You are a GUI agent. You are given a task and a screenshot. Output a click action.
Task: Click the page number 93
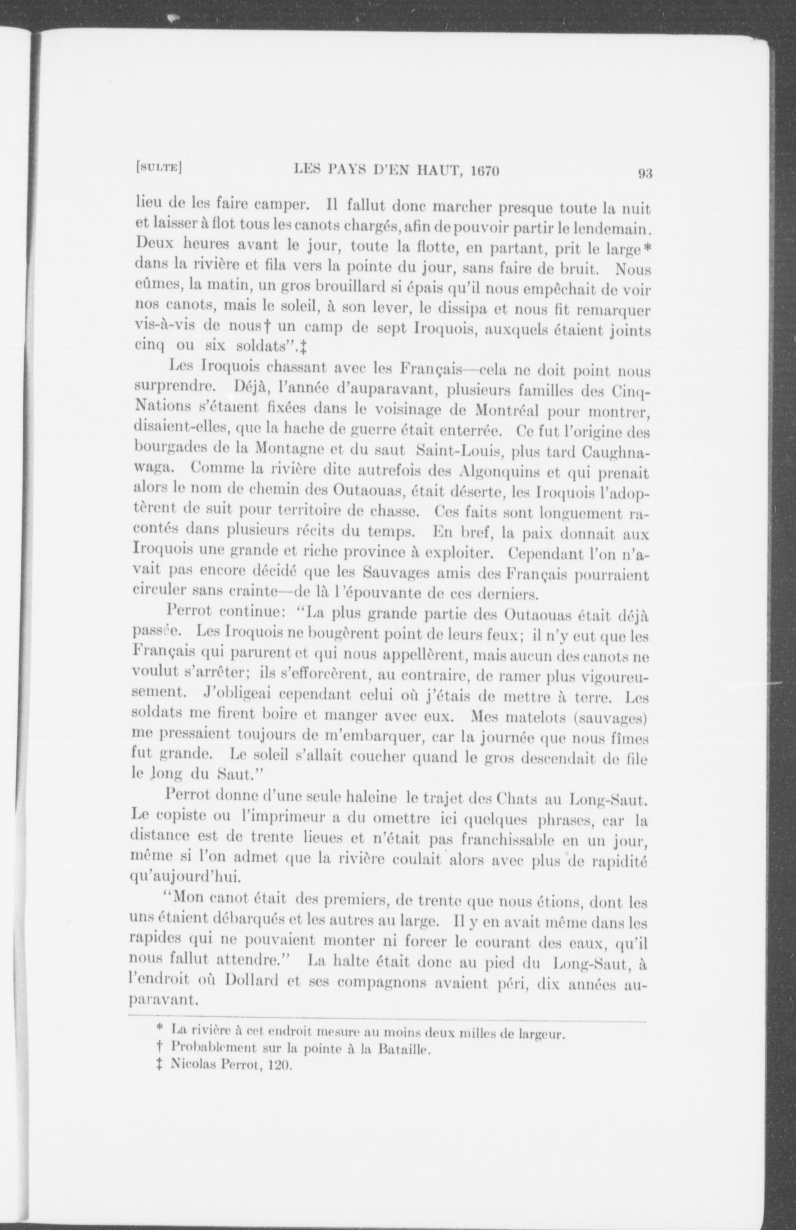coord(645,174)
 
